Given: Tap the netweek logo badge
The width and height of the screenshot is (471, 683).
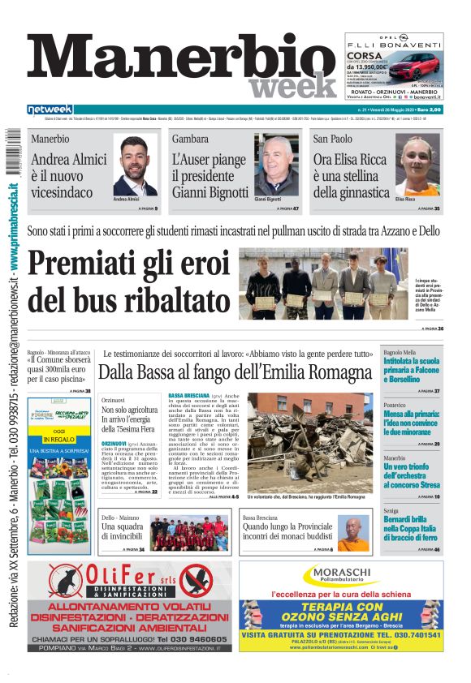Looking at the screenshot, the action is (50, 110).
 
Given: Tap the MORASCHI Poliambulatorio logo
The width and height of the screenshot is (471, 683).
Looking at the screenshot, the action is (340, 576).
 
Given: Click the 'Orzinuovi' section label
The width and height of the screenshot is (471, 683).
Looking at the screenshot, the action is (114, 401).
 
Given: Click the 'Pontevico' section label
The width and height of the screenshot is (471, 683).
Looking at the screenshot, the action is (395, 405).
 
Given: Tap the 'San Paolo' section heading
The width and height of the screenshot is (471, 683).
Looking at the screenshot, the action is (333, 139).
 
